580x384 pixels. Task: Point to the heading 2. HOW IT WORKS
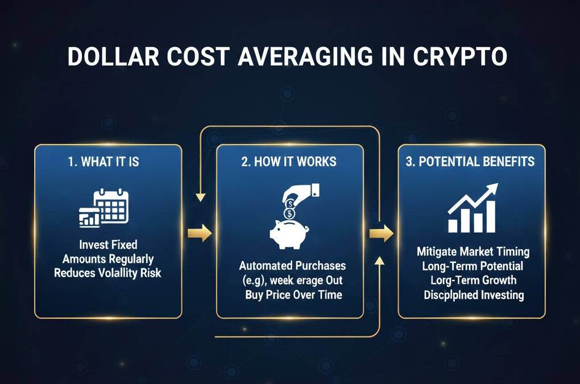(x=289, y=162)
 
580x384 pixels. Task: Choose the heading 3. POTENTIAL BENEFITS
(x=471, y=162)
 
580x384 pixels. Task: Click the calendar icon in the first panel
(x=111, y=203)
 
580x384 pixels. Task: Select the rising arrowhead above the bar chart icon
(x=490, y=191)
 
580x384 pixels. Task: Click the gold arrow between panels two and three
(x=380, y=232)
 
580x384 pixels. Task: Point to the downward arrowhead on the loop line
(x=200, y=197)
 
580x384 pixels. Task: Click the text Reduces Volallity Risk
(x=108, y=273)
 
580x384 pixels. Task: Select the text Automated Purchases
(x=292, y=266)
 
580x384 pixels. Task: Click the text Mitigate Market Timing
(x=473, y=251)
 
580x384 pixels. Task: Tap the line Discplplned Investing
(x=473, y=295)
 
